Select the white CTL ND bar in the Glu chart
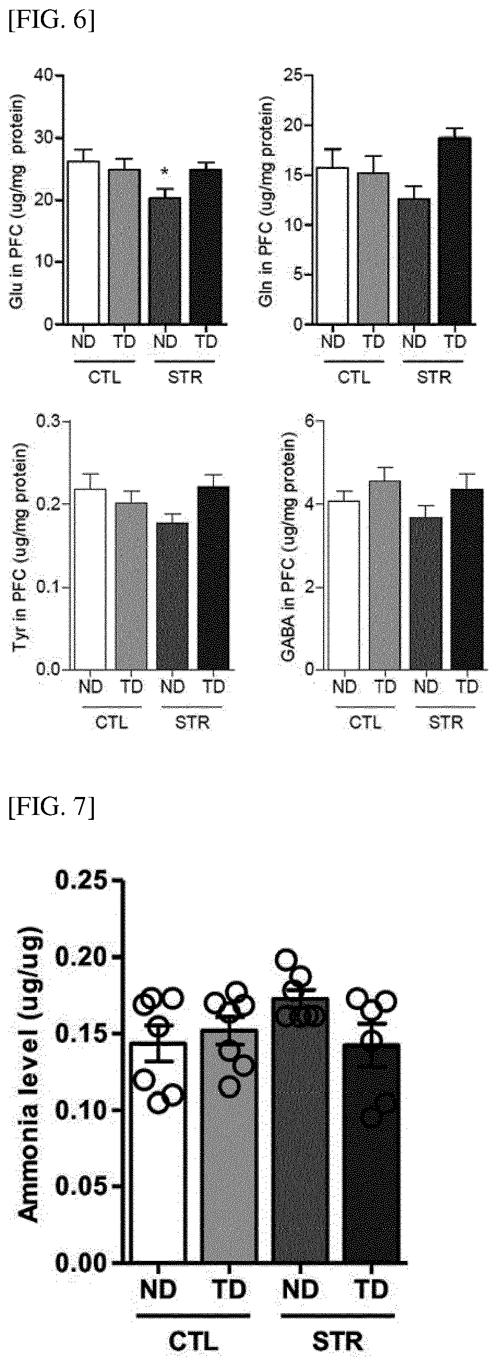[x=83, y=243]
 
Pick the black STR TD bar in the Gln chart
[x=455, y=231]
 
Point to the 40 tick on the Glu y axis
[x=47, y=76]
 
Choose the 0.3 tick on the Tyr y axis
[x=49, y=421]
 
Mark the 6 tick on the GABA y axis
[x=310, y=421]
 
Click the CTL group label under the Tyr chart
[x=111, y=723]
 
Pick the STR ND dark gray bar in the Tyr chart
[x=172, y=595]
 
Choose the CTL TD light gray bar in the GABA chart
[x=385, y=575]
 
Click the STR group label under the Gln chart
[x=434, y=377]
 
